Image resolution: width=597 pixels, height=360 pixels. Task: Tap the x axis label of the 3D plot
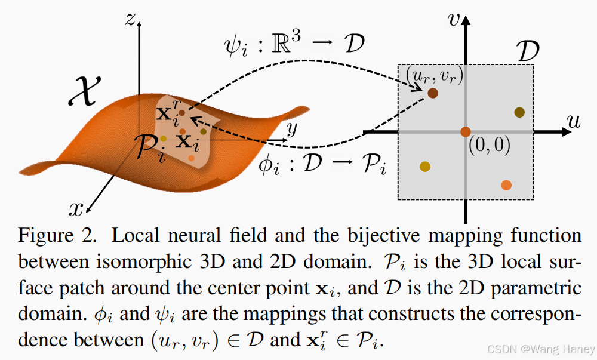click(76, 208)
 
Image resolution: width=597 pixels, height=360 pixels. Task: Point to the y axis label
click(292, 128)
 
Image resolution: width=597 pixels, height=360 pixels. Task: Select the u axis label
click(574, 122)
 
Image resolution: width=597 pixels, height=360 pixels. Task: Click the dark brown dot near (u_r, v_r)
click(433, 93)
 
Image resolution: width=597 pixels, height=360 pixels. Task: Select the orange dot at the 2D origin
click(466, 131)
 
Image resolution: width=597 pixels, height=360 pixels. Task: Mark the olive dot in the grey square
click(519, 112)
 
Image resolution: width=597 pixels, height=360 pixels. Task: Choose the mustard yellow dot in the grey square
click(425, 167)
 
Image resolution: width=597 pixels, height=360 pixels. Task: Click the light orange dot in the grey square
click(506, 185)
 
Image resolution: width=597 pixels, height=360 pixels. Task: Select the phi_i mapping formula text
click(322, 164)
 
